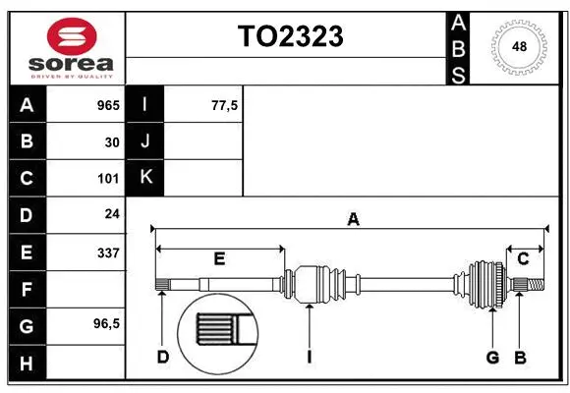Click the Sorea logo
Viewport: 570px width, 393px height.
click(72, 46)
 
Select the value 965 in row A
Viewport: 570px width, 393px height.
click(107, 104)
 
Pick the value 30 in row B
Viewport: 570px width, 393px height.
click(111, 141)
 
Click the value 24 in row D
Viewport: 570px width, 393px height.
click(111, 215)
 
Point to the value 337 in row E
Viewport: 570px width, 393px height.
click(107, 253)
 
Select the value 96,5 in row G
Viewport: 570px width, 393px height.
click(105, 323)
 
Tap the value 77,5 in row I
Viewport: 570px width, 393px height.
click(225, 104)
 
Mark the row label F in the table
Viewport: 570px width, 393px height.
click(27, 290)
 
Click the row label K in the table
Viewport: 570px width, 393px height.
click(145, 178)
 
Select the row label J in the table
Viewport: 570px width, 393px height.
click(145, 141)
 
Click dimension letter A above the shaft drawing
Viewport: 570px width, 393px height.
click(353, 220)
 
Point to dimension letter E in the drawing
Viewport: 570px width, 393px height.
click(219, 258)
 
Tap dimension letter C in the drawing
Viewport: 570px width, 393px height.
click(524, 258)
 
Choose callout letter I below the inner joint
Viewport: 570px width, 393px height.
click(309, 357)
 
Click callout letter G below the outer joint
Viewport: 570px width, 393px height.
click(492, 357)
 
